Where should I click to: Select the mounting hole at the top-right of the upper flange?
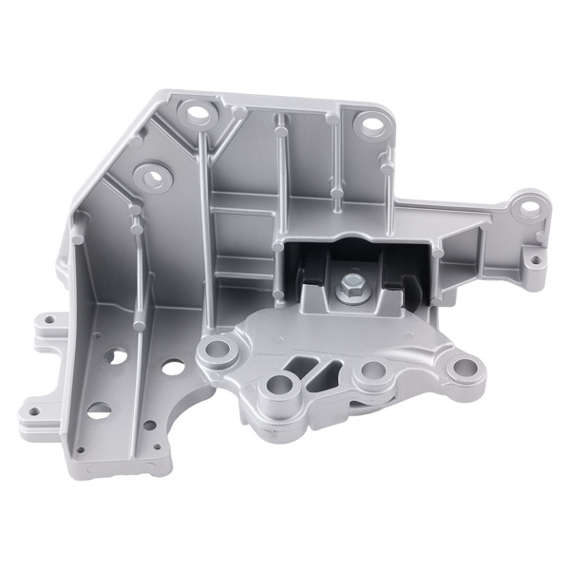click(367, 123)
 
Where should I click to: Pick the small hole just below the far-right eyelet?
click(534, 257)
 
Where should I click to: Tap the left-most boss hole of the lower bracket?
click(220, 350)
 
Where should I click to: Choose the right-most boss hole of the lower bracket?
click(463, 366)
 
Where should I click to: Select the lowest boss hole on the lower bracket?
click(281, 385)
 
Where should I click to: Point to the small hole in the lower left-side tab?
click(35, 411)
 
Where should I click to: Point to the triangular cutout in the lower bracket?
click(307, 366)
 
